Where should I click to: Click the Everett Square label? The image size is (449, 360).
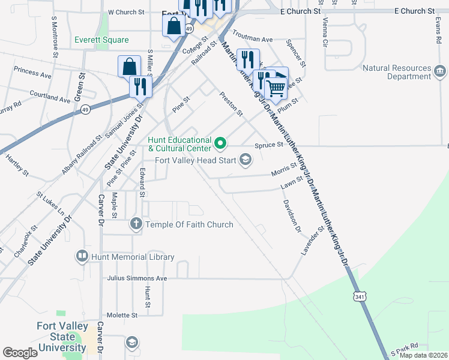[x=101, y=40]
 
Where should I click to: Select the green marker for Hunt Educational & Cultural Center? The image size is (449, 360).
[x=220, y=143]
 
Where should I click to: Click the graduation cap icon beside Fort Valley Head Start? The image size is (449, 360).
[x=245, y=160]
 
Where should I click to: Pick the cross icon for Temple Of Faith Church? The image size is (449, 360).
[x=136, y=224]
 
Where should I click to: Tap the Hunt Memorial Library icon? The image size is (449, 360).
[x=82, y=257]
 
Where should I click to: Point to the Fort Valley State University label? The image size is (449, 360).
[x=63, y=337]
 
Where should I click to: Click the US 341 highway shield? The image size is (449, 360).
[x=359, y=296]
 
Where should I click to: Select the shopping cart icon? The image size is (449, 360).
[x=276, y=88]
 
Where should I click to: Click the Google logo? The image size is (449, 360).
[x=20, y=353]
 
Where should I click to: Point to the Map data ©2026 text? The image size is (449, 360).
[x=423, y=355]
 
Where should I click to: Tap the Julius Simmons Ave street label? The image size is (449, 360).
[x=137, y=278]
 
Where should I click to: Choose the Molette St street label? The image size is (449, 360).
[x=122, y=314]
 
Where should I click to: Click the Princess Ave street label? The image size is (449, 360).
[x=32, y=73]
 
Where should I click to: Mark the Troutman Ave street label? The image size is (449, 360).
[x=252, y=38]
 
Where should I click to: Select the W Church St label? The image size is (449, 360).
[x=126, y=12]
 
